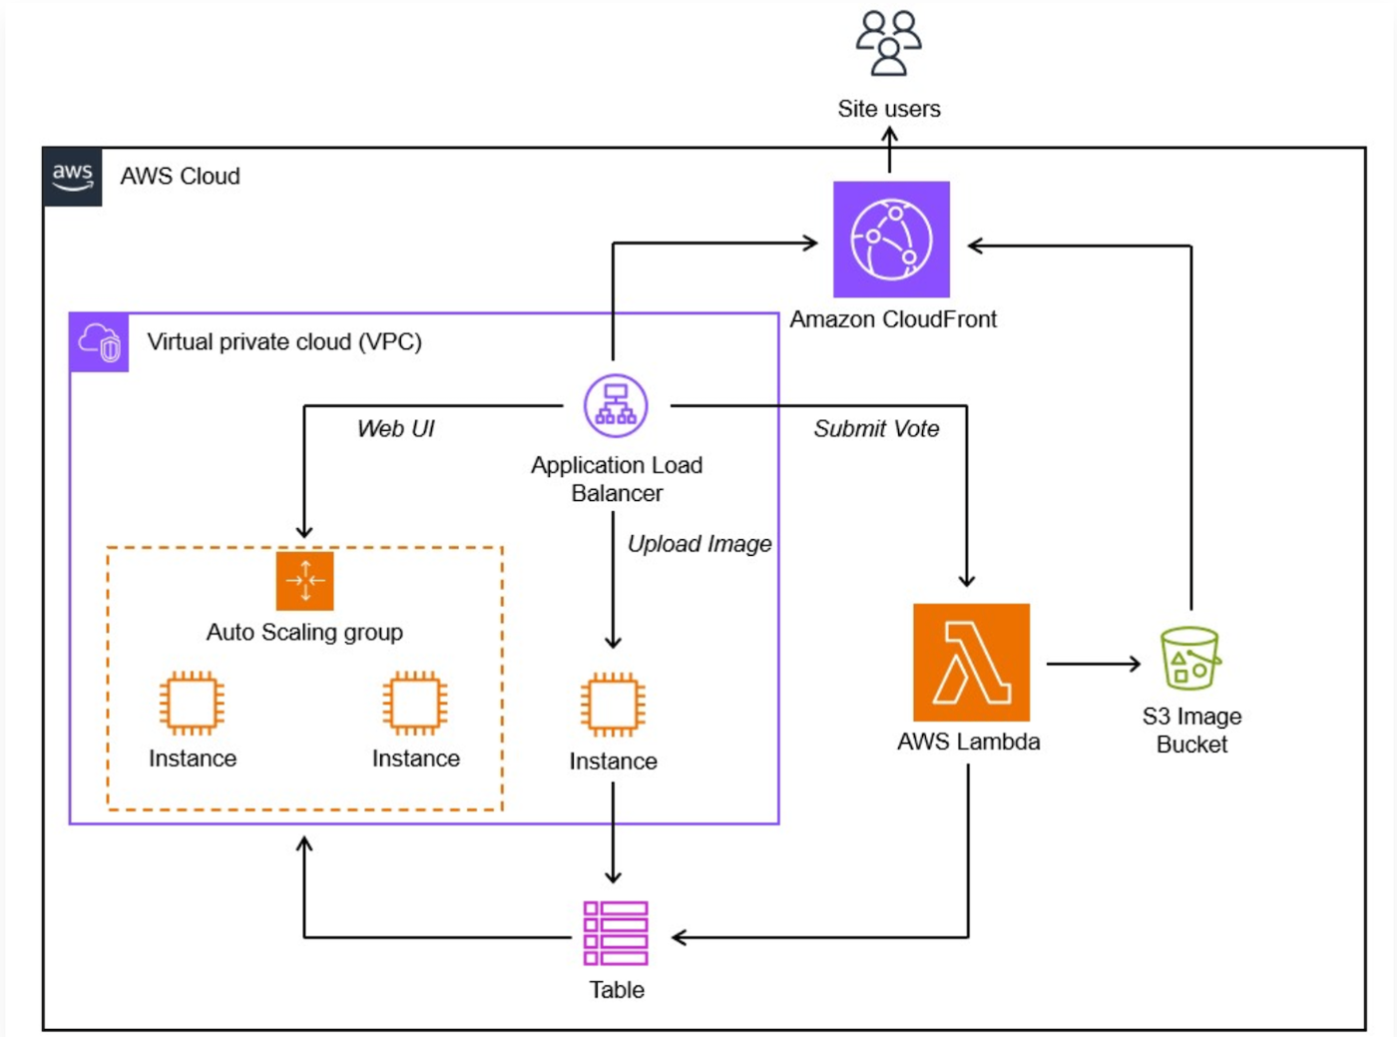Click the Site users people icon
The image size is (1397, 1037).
point(888,44)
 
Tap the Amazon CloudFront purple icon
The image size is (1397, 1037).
point(891,240)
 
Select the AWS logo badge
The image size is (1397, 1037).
point(73,177)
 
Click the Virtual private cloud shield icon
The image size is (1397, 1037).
point(99,342)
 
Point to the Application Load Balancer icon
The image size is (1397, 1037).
point(616,405)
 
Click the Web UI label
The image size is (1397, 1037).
point(396,429)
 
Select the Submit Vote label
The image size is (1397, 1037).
point(876,429)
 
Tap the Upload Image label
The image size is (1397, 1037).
point(699,544)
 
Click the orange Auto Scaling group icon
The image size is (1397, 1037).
point(304,580)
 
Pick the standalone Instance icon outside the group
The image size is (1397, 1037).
point(613,705)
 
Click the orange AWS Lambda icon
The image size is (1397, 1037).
point(971,663)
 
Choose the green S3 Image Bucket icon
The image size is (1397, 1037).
point(1189,659)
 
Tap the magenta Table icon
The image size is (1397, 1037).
point(616,933)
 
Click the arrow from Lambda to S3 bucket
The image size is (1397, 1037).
point(1094,663)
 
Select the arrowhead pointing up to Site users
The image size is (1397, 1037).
point(889,135)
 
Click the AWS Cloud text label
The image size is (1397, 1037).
point(181,177)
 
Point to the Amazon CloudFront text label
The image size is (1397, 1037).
point(893,319)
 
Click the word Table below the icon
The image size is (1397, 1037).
point(617,990)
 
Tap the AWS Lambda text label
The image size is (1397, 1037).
point(968,742)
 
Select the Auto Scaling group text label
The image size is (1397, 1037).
point(304,633)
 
